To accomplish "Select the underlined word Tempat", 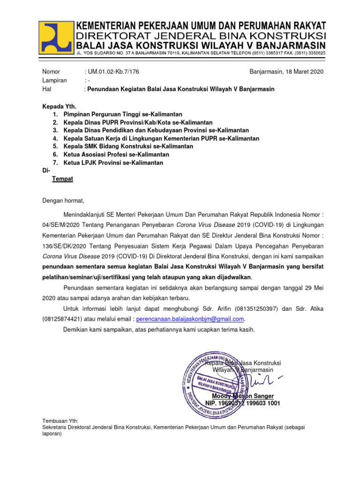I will click(62, 179).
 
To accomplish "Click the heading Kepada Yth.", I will click(60, 106).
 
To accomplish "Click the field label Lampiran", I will click(55, 80).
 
